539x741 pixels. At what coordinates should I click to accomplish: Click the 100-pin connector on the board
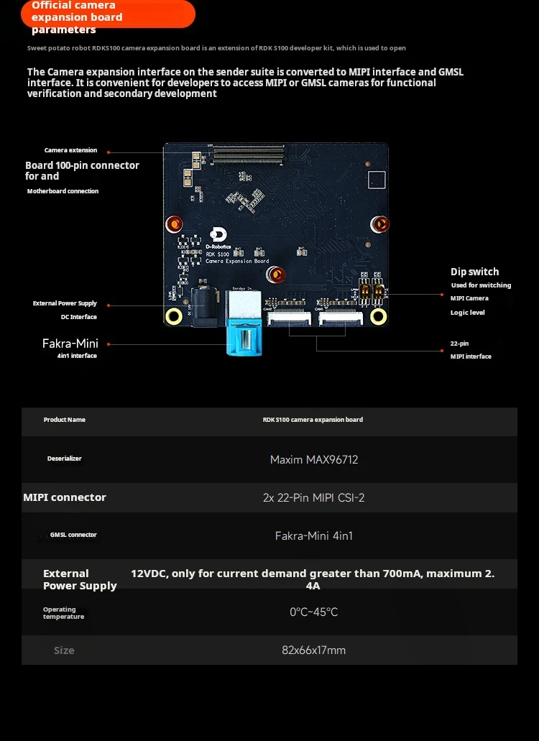click(249, 151)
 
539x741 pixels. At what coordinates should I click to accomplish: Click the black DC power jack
click(201, 308)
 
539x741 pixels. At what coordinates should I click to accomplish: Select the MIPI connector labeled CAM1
click(290, 316)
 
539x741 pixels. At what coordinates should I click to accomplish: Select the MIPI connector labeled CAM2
click(342, 316)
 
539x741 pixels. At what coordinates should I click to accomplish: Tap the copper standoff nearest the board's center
click(277, 274)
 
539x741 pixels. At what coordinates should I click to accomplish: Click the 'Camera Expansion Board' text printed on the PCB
click(237, 261)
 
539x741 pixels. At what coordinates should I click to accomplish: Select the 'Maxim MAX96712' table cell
click(313, 460)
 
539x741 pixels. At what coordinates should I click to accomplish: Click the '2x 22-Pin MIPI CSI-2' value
click(313, 497)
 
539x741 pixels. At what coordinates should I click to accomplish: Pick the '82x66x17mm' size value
click(313, 650)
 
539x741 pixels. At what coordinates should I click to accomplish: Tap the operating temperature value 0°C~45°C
click(313, 612)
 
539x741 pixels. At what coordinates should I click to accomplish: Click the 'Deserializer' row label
click(65, 459)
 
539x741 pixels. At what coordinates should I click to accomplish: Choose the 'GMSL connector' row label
click(73, 535)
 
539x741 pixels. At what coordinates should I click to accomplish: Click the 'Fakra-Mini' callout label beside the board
click(70, 344)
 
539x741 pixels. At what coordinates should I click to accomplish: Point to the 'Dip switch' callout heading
click(474, 272)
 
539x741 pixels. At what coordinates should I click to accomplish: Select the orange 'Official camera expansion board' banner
click(108, 14)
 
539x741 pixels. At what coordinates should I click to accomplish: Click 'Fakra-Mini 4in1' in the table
click(313, 535)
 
